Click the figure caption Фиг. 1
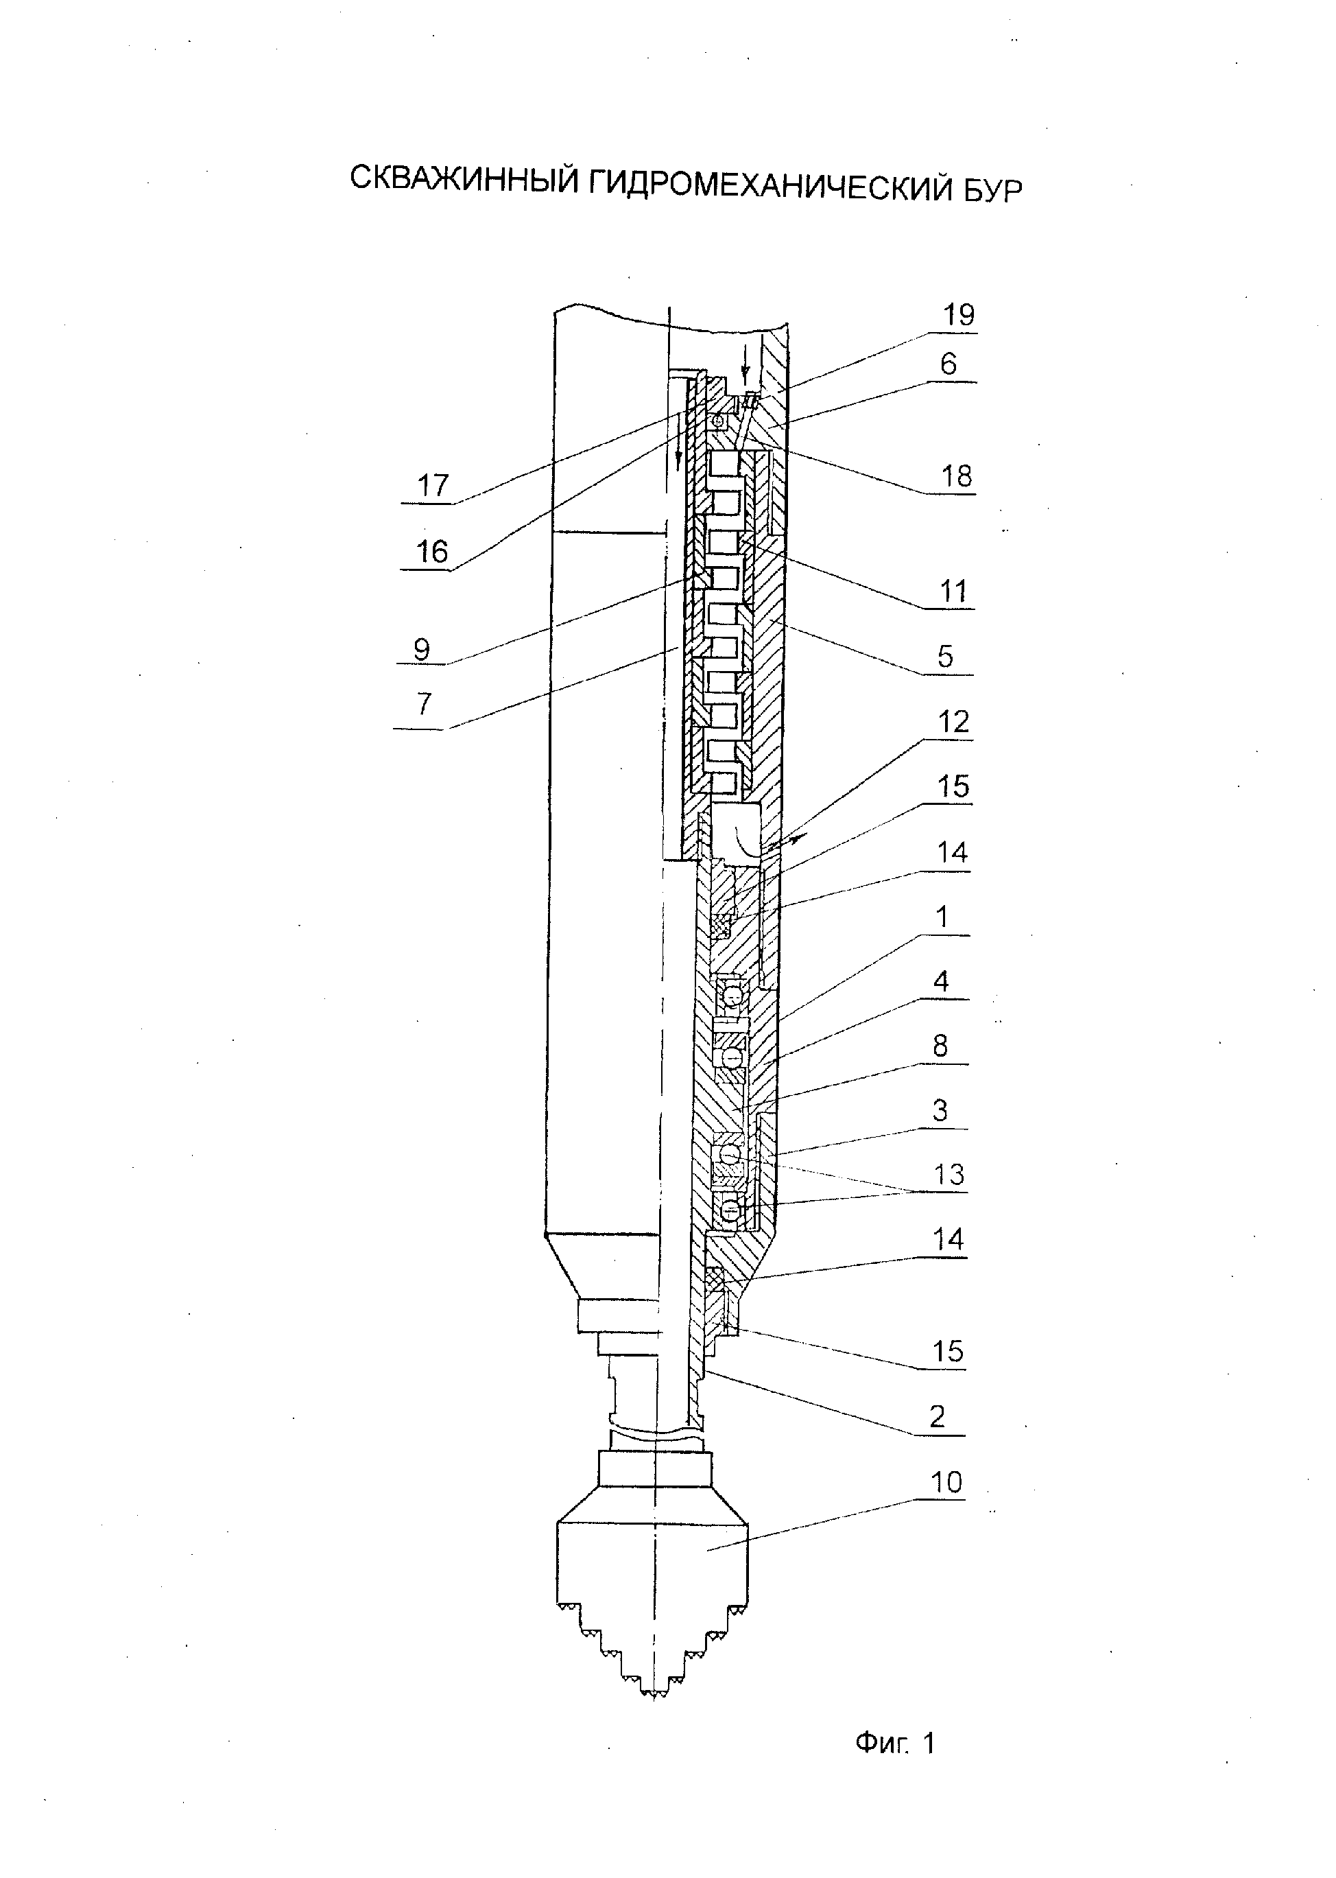coord(895,1743)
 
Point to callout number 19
coord(958,314)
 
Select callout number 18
coord(957,476)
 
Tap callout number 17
coord(433,486)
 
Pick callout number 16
coord(433,552)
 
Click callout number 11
coord(953,591)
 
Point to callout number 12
coord(953,722)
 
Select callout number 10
coord(946,1482)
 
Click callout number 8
coord(940,1046)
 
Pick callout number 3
coord(940,1110)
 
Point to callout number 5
coord(945,657)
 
